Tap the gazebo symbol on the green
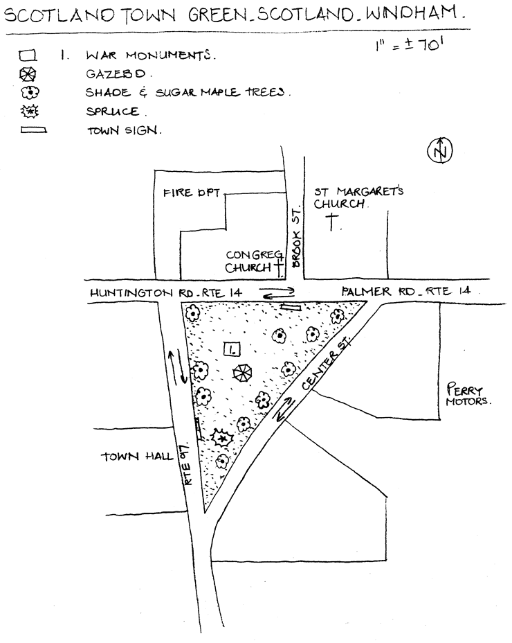coord(242,373)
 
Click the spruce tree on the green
coord(222,438)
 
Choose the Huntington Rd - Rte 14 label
coord(166,293)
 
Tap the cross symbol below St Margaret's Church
coord(333,223)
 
